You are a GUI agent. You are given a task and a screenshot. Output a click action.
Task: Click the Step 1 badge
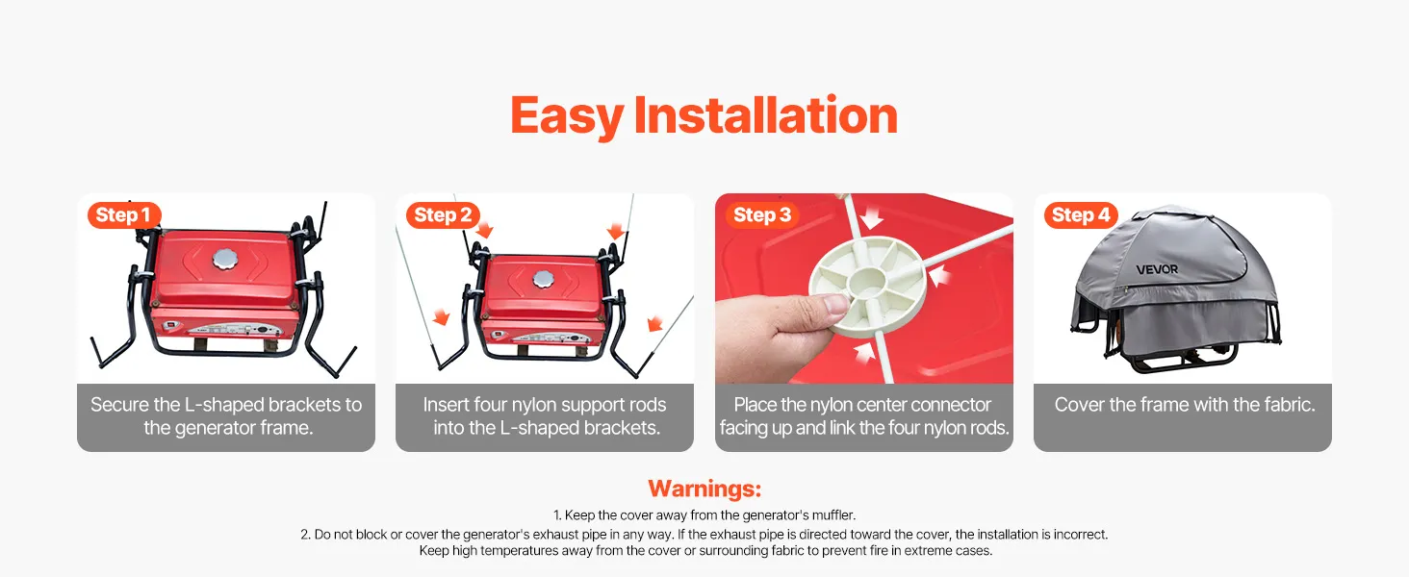(x=124, y=215)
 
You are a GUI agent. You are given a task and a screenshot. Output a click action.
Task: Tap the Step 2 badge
(x=443, y=215)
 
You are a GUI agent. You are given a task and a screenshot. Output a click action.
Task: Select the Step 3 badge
(x=761, y=215)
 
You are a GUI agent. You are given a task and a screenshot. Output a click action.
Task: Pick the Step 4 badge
(x=1081, y=215)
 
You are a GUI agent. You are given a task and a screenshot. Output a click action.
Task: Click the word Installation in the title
(x=765, y=115)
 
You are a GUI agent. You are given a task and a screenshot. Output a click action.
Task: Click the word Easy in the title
(x=567, y=117)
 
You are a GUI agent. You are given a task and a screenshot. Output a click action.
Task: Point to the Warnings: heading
(x=704, y=489)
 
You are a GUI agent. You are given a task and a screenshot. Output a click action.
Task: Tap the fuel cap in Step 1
(x=225, y=259)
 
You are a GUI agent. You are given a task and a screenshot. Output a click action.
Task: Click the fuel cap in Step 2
(x=544, y=280)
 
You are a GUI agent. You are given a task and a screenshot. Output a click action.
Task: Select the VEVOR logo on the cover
(x=1157, y=269)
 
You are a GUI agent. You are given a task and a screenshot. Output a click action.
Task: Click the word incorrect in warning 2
(x=1080, y=535)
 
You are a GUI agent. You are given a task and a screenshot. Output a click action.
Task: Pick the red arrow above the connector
(x=872, y=217)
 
